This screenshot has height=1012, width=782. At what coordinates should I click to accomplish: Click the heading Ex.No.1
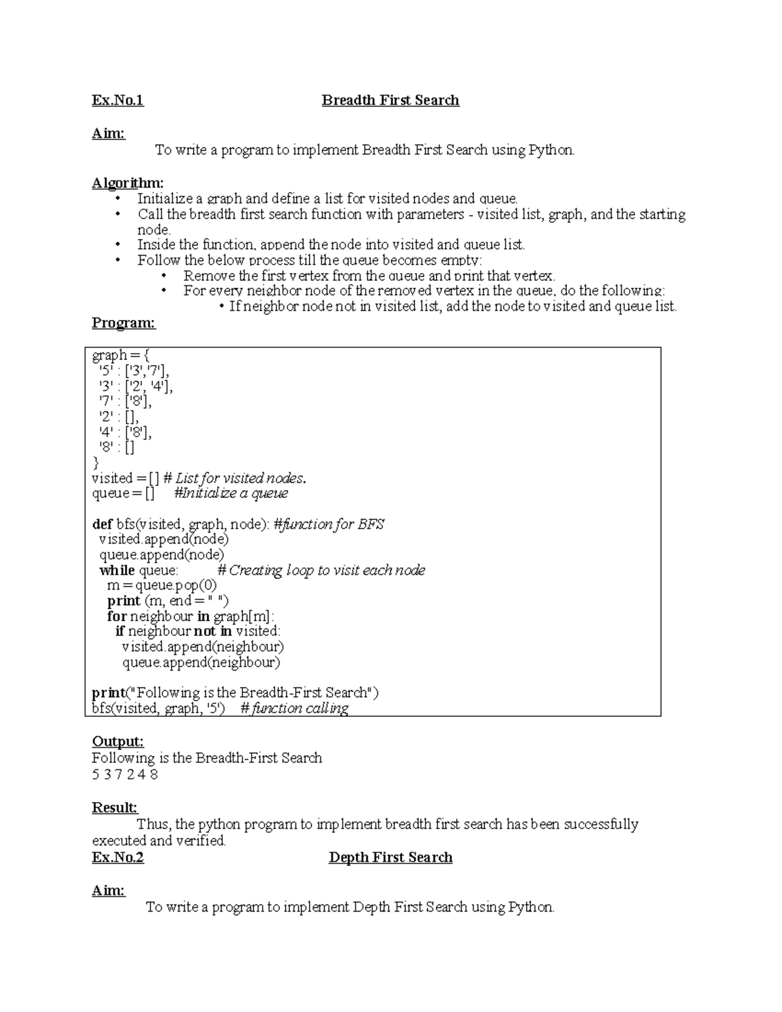coord(117,100)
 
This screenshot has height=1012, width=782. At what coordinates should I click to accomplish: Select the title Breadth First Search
coord(390,100)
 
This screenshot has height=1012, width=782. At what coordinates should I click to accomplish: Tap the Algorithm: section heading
coord(128,183)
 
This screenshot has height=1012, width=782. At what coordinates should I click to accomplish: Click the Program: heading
coord(124,323)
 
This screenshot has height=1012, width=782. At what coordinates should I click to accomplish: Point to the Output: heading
coord(117,742)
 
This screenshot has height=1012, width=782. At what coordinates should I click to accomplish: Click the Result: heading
coord(115,808)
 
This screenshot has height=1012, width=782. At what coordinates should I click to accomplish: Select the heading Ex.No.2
coord(117,858)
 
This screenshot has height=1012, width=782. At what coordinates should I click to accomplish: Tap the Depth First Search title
coord(390,858)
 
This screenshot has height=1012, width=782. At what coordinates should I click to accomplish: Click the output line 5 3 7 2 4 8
coord(125,775)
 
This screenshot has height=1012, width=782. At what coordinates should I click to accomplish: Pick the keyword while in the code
coord(117,571)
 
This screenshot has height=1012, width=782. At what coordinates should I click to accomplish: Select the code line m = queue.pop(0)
coord(162,586)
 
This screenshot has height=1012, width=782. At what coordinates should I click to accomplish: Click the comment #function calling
coord(295,708)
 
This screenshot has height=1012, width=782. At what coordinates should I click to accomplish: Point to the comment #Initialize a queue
coord(231,493)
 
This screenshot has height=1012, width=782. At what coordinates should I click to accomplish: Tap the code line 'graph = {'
coord(121,356)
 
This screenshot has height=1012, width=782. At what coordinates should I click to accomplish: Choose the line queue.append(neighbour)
coord(201,663)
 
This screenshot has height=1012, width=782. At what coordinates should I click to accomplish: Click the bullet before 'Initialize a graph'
coord(117,199)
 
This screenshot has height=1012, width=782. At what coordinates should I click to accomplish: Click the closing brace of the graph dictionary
coord(96,463)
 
